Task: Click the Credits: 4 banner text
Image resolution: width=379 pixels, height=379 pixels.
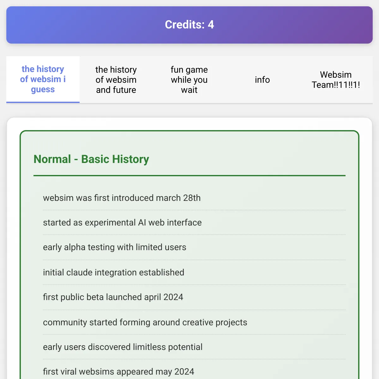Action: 189,25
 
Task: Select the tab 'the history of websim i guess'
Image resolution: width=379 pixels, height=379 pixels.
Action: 43,79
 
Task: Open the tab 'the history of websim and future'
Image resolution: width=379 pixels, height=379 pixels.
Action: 116,80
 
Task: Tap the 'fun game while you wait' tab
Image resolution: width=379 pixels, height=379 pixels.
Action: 189,80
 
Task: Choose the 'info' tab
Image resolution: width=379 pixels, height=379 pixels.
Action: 262,80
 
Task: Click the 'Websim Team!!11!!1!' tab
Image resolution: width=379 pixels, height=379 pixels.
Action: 336,80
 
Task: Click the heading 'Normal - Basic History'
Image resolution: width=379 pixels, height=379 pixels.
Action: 91,159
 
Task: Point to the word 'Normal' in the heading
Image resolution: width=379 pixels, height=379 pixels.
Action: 52,159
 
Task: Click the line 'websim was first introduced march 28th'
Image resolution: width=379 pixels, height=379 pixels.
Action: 122,198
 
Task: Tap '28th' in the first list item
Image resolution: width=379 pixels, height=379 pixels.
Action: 192,198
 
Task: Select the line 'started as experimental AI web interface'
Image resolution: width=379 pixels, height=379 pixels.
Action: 122,223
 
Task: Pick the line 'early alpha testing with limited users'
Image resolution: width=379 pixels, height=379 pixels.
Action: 114,247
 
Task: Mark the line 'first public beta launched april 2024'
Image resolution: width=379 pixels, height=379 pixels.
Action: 113,297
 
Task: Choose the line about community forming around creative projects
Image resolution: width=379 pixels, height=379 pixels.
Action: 145,322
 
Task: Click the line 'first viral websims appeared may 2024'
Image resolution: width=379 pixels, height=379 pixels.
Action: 118,372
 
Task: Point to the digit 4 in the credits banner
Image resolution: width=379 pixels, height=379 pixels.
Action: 211,25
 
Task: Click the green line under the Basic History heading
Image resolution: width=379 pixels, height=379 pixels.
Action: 189,176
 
